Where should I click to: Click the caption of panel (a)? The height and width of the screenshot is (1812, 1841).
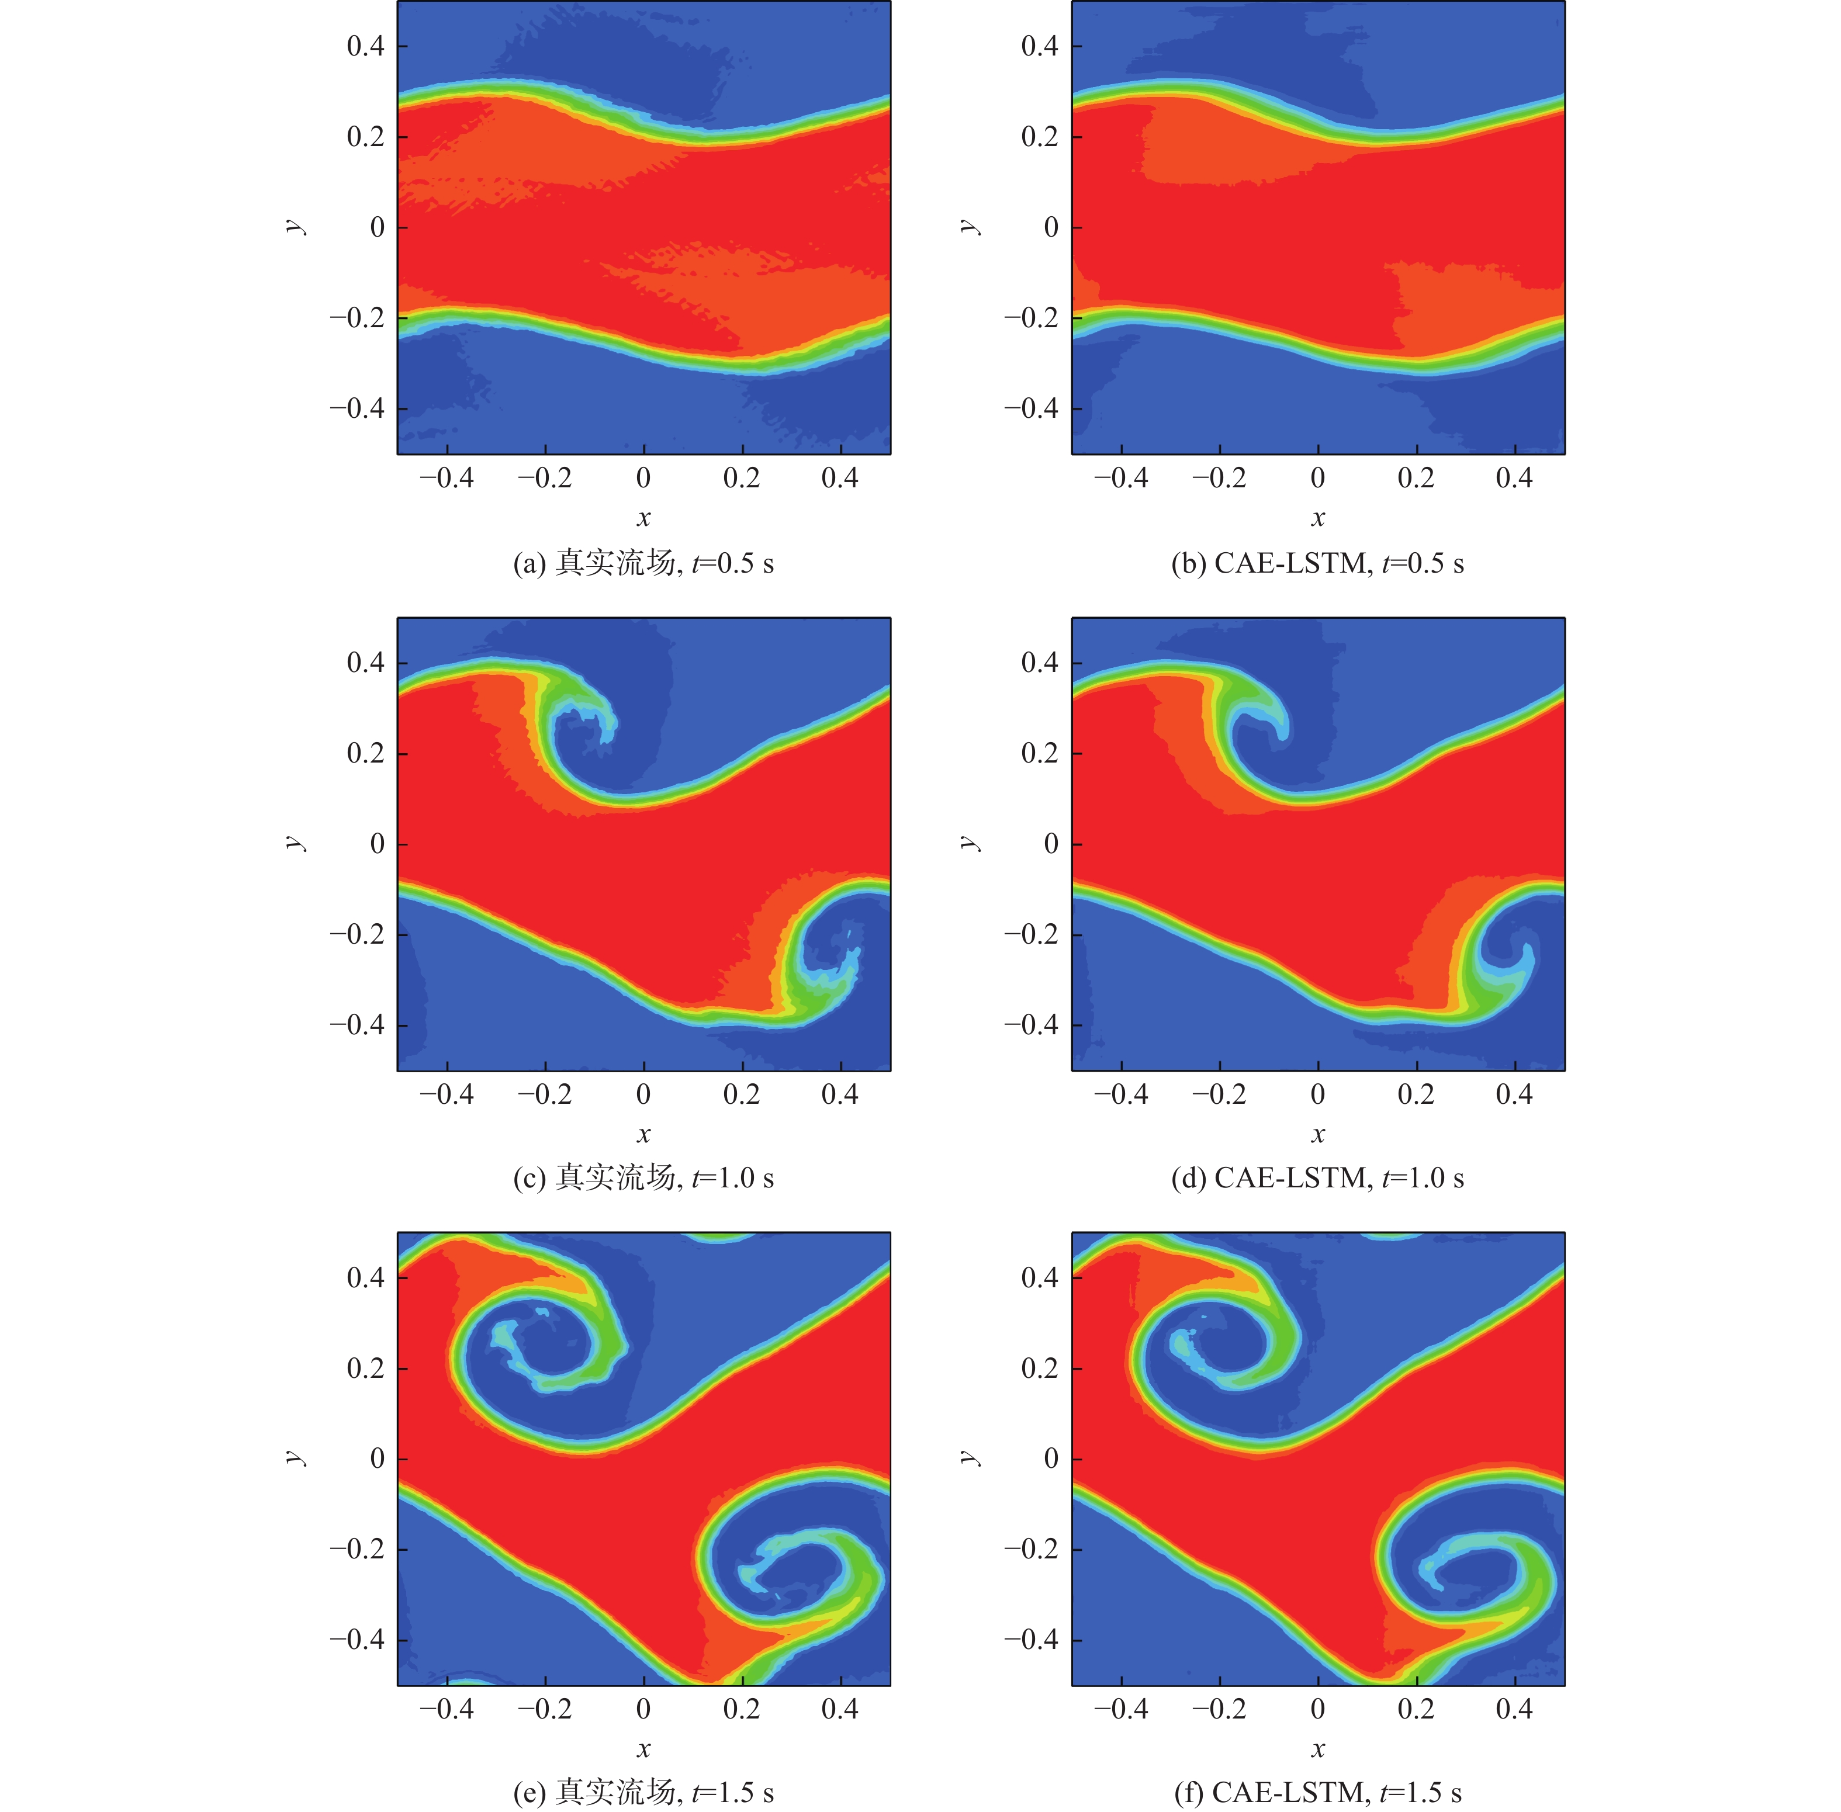643,563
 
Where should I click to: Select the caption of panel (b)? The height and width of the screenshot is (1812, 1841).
1317,563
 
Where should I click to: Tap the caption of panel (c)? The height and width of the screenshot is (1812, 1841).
643,1178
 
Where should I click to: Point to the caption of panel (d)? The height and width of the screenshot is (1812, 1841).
1317,1178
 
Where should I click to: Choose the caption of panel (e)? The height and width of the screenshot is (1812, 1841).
643,1793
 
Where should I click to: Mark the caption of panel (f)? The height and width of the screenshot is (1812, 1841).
1317,1793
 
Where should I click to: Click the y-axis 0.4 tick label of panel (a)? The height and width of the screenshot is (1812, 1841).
365,46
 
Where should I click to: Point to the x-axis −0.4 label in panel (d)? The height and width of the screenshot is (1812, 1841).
1120,1094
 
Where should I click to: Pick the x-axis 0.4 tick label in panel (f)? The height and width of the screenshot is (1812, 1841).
1514,1709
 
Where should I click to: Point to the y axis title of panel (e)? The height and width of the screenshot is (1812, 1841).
294,1458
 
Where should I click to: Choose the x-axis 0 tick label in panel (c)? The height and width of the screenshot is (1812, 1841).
643,1094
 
